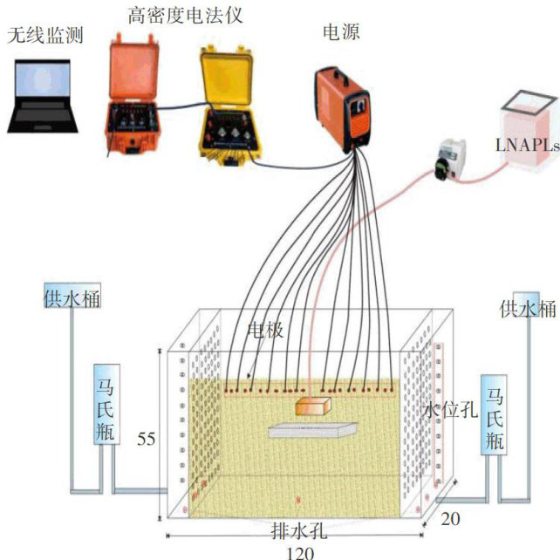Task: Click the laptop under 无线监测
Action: [x=40, y=97]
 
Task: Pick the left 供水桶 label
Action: [x=72, y=299]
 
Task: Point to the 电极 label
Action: [x=265, y=332]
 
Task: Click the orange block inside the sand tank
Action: [x=313, y=406]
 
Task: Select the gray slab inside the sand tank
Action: [x=311, y=429]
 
